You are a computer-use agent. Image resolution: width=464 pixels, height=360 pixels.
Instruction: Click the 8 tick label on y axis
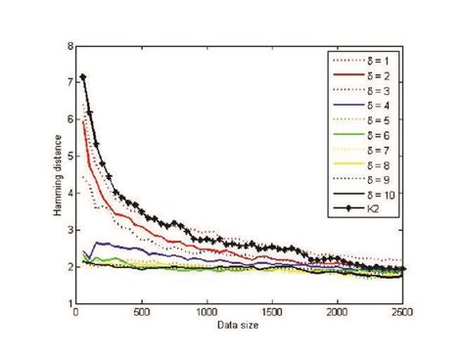click(x=69, y=46)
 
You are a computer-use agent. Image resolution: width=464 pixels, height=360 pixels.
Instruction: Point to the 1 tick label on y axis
click(x=69, y=304)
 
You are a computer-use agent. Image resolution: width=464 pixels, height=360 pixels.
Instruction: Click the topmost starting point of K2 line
click(x=84, y=77)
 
